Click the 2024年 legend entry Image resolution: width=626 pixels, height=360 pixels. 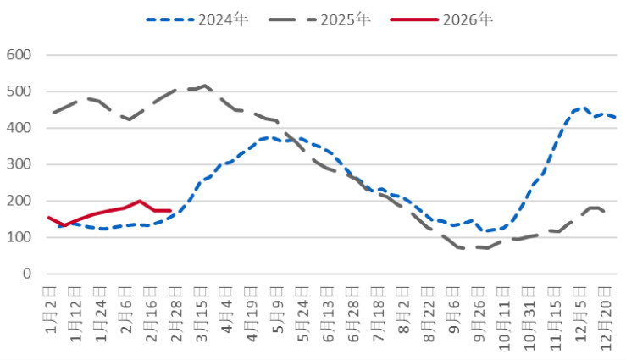point(197,19)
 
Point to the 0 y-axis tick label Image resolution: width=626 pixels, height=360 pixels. point(26,274)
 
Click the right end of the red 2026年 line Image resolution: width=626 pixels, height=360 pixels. point(170,210)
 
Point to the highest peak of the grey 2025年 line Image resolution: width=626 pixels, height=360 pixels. point(206,86)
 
